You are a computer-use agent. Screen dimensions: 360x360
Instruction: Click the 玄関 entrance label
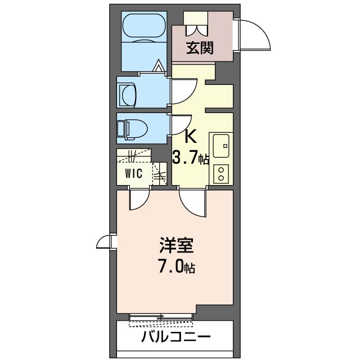(x=200, y=48)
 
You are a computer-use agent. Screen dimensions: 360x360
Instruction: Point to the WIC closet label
(x=133, y=173)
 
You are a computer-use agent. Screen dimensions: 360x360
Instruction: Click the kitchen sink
(x=220, y=146)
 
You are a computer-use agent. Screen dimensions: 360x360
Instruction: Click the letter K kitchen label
(x=191, y=137)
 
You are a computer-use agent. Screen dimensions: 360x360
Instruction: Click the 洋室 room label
(x=176, y=246)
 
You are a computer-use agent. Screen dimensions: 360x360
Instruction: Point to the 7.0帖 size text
(x=176, y=267)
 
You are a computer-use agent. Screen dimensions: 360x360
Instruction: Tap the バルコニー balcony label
(x=175, y=338)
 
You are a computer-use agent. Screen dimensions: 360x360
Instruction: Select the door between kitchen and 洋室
(x=193, y=203)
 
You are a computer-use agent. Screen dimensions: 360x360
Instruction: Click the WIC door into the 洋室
(x=139, y=200)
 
